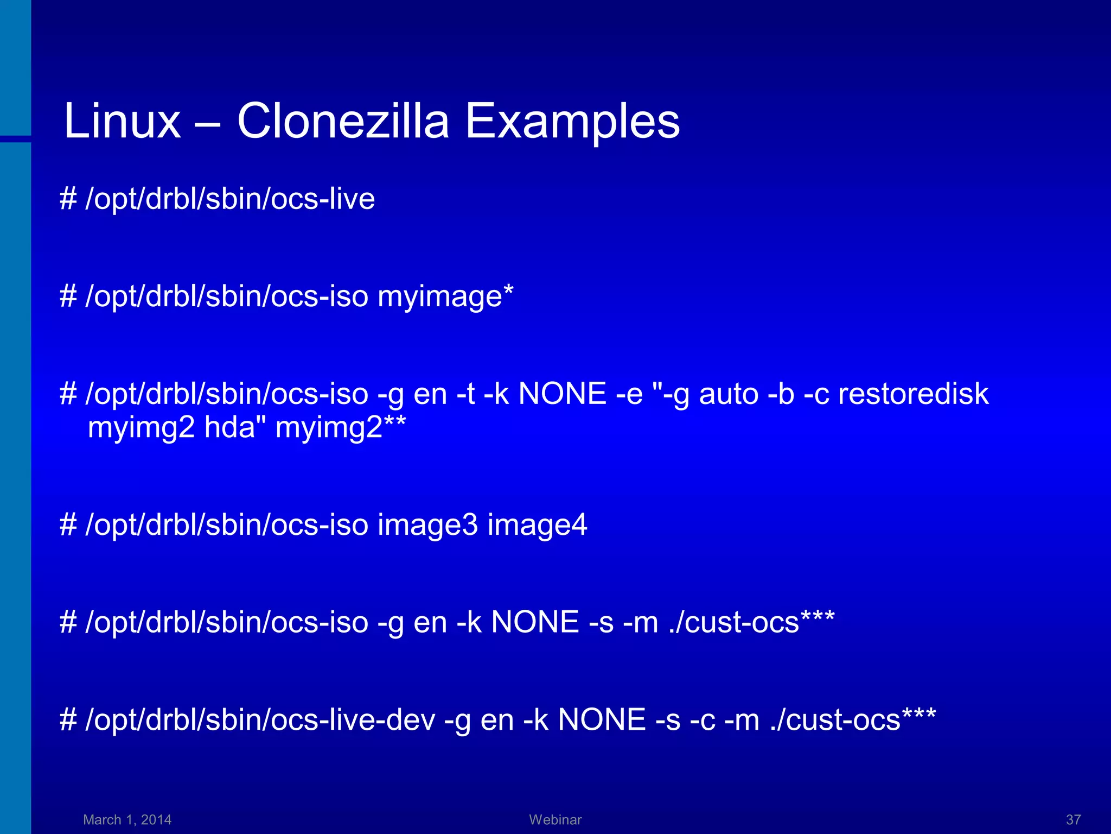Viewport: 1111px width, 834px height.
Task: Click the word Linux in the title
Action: point(122,121)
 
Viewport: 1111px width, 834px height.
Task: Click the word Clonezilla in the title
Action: point(343,121)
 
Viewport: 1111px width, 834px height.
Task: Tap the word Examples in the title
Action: point(572,121)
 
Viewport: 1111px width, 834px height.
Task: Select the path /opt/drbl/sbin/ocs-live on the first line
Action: point(230,199)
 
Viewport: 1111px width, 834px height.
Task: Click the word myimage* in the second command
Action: point(445,297)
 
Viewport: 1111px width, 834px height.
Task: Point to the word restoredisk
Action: point(913,394)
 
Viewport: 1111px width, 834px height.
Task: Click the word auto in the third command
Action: point(729,394)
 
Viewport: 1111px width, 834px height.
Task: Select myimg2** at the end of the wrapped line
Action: point(340,428)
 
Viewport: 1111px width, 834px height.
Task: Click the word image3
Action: point(427,525)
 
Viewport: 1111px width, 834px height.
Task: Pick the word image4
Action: point(537,525)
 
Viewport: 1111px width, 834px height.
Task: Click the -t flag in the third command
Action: point(466,394)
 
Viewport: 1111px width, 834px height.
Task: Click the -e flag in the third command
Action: point(629,394)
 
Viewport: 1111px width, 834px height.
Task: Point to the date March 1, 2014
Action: point(127,819)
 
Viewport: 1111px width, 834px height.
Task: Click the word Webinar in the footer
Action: point(555,819)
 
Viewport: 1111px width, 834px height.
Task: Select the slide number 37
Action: point(1073,819)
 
